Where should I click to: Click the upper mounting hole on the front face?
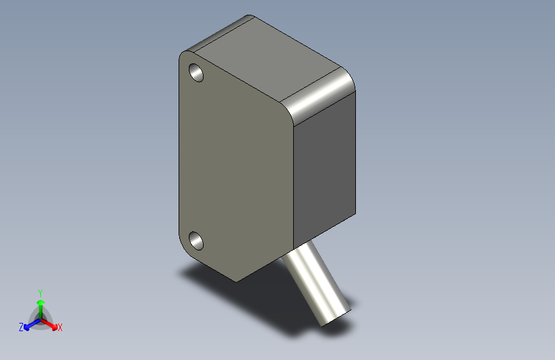pyautogui.click(x=196, y=72)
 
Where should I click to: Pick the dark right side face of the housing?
pyautogui.click(x=325, y=170)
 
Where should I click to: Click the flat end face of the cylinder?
pyautogui.click(x=335, y=315)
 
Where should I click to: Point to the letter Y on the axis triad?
pyautogui.click(x=40, y=291)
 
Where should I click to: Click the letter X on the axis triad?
pyautogui.click(x=60, y=328)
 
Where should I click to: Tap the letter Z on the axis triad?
pyautogui.click(x=21, y=327)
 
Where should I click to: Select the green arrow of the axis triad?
pyautogui.click(x=40, y=304)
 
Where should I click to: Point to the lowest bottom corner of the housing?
pyautogui.click(x=236, y=281)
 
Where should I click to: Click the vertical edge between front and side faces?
pyautogui.click(x=293, y=186)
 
